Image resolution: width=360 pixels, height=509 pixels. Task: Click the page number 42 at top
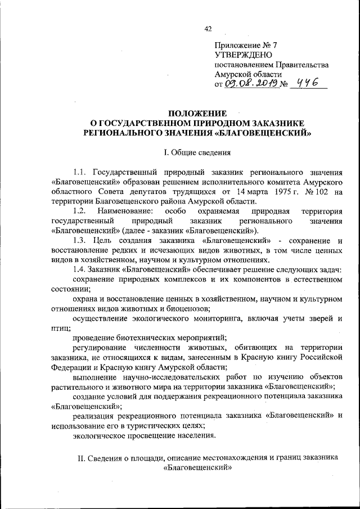point(208,29)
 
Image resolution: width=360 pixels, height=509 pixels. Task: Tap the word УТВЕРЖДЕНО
point(244,55)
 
